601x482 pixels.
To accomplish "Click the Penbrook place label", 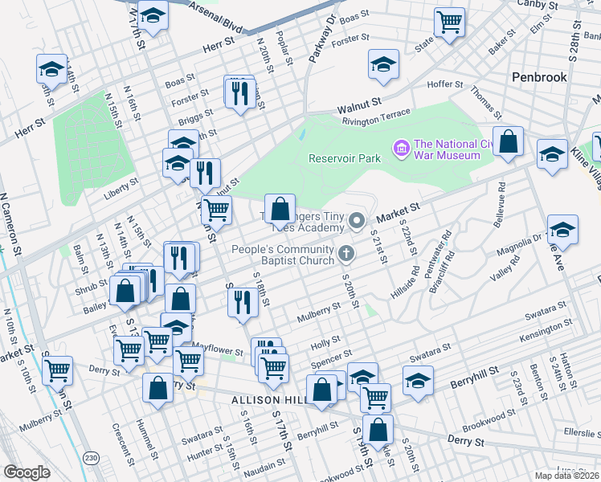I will click(x=539, y=78).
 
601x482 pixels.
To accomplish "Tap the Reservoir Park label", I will click(x=345, y=158).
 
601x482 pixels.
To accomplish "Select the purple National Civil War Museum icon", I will click(x=399, y=148).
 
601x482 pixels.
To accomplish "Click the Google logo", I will click(x=27, y=472).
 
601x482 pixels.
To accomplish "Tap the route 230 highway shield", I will click(x=93, y=457).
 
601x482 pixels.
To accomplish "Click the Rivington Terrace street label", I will click(x=376, y=117).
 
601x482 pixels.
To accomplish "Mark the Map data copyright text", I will click(x=567, y=476).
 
